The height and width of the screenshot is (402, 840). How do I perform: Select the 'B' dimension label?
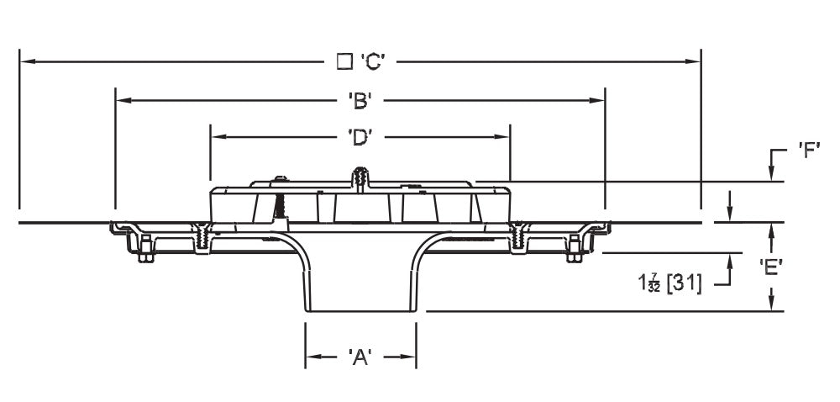[x=360, y=101]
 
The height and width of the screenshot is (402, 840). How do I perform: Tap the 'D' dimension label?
[x=360, y=136]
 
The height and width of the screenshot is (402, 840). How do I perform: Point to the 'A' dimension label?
[x=360, y=357]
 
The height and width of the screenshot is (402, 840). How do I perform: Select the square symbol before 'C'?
[x=343, y=61]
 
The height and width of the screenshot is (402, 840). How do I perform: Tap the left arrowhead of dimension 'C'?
[x=25, y=61]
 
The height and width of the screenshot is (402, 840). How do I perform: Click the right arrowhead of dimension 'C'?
[x=694, y=61]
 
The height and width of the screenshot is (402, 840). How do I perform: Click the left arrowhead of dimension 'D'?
[x=218, y=136]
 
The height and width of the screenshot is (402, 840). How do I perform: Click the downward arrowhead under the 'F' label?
[x=772, y=174]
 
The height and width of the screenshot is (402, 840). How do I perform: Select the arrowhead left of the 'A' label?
[x=311, y=357]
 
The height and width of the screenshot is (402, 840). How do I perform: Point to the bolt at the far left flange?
[x=144, y=250]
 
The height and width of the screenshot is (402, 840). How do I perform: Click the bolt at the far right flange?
[x=575, y=250]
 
